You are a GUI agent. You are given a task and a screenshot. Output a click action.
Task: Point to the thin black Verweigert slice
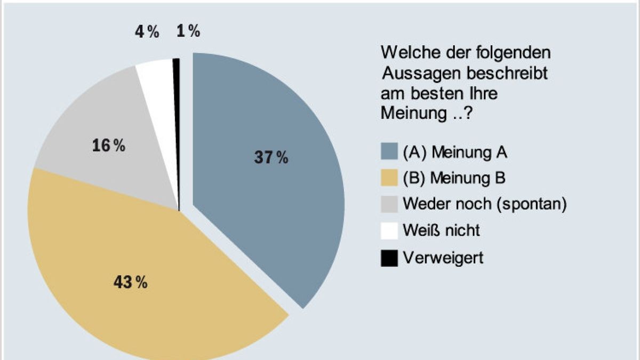point(177,107)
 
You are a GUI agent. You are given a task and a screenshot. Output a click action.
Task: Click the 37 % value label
point(271,157)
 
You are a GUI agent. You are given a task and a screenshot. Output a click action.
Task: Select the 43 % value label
point(130,283)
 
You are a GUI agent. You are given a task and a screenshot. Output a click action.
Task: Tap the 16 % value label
point(108,146)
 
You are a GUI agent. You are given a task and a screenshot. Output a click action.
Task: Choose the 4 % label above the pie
point(147,32)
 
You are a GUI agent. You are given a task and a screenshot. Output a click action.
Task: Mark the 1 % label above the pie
point(188,32)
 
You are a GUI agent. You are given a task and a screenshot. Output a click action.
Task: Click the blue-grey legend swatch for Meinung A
point(389,153)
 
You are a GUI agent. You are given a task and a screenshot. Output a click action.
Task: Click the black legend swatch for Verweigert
point(389,258)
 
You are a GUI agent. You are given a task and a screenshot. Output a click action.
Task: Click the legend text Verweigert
point(443,258)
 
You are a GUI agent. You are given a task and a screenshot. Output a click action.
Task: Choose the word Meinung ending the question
point(411,113)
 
